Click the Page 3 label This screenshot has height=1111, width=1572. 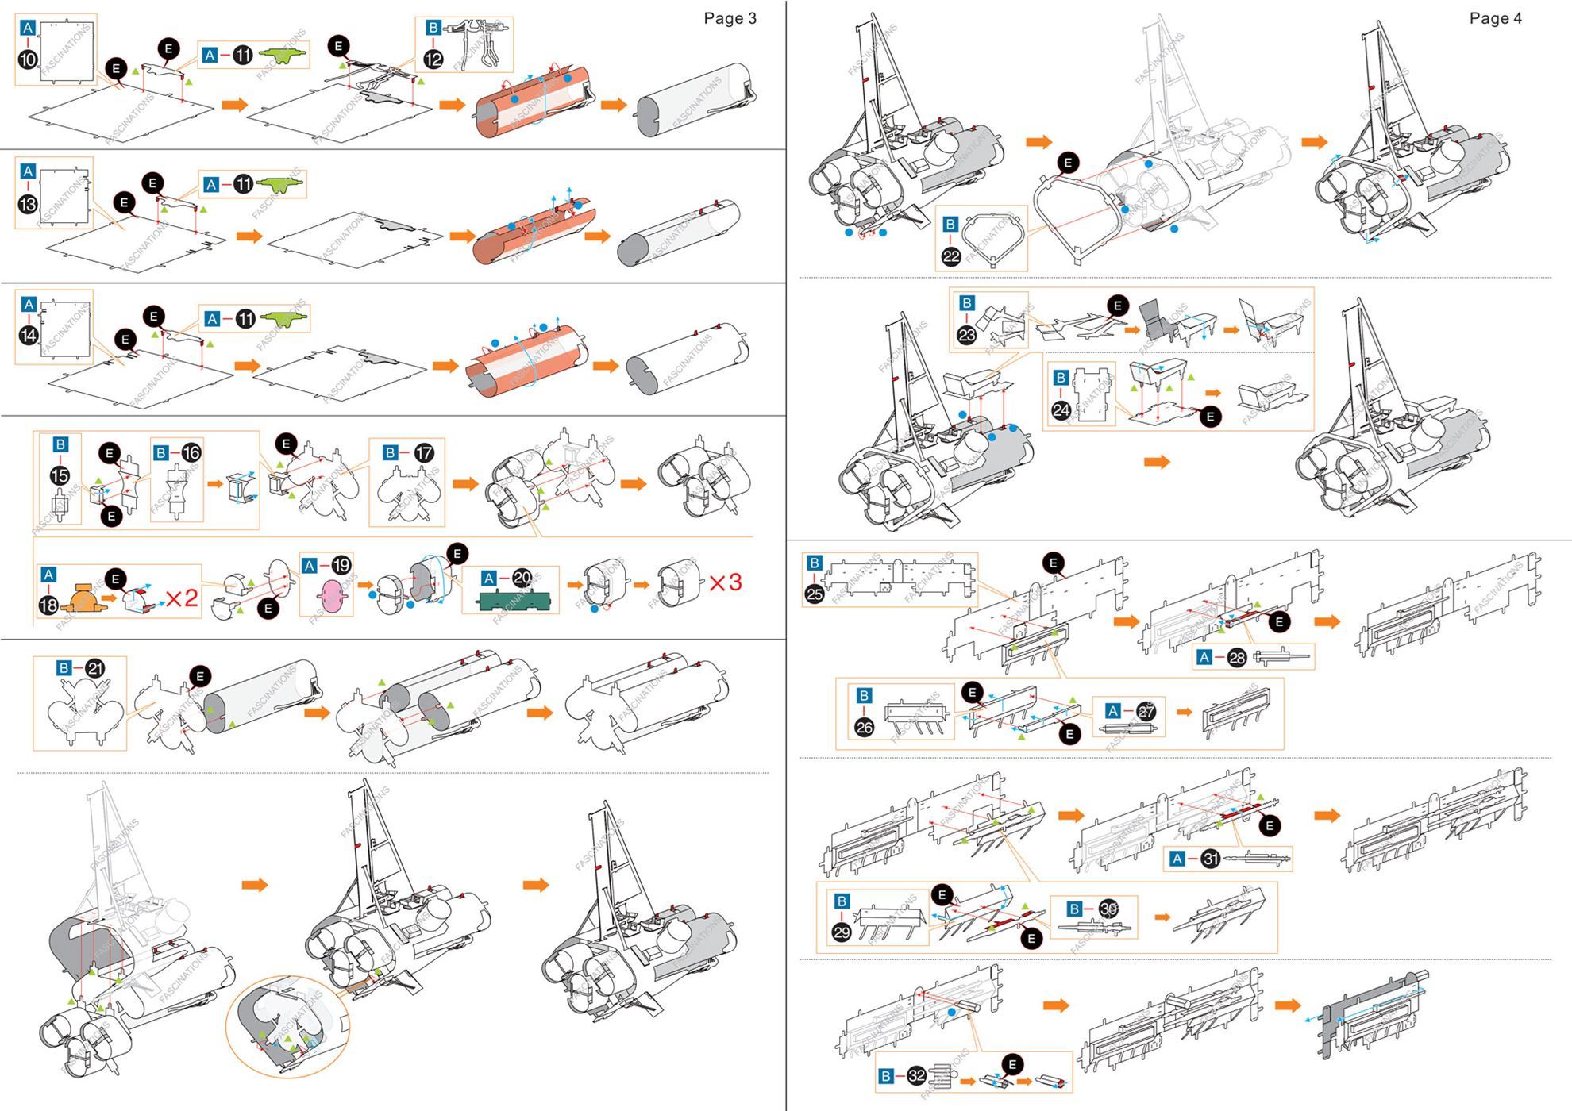click(x=730, y=18)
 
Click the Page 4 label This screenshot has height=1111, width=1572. click(x=1495, y=18)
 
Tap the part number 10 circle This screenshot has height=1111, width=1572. click(x=28, y=60)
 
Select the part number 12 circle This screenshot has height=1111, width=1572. click(x=433, y=60)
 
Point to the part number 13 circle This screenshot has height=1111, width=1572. click(x=28, y=204)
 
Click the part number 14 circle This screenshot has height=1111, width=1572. click(x=29, y=336)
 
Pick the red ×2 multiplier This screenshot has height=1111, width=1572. click(x=182, y=598)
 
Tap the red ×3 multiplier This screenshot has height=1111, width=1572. click(x=725, y=583)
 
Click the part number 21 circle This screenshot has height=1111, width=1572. click(x=95, y=669)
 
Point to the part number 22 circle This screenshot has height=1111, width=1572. click(x=951, y=256)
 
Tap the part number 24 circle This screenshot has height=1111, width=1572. click(x=1061, y=410)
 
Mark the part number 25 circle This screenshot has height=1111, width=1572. click(x=815, y=594)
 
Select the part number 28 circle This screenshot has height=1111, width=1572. click(x=1237, y=657)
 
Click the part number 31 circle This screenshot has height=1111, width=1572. click(x=1211, y=859)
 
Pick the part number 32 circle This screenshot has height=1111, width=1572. click(x=917, y=1076)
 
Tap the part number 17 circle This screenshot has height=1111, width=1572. click(x=425, y=453)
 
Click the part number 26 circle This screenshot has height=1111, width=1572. click(x=865, y=727)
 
